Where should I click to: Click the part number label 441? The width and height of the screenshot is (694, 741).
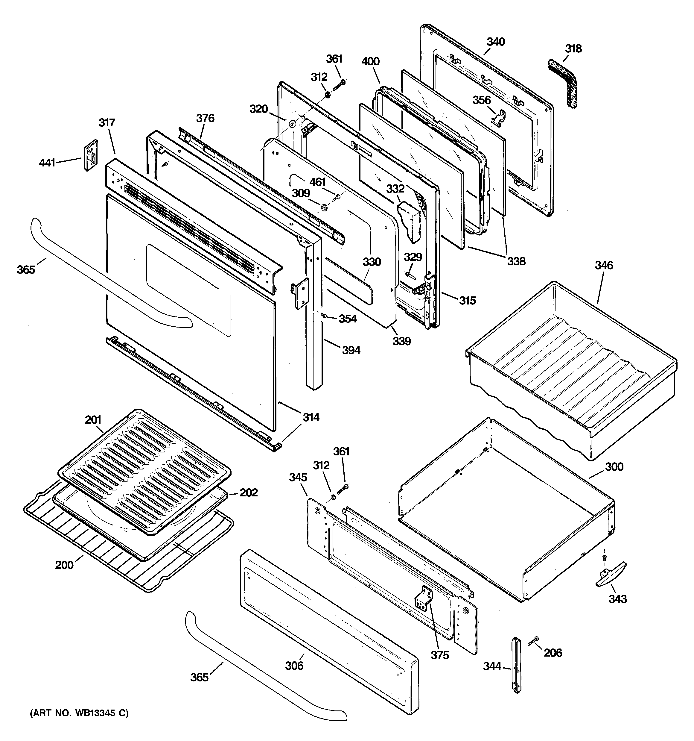(x=47, y=163)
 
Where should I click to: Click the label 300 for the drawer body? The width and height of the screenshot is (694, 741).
(x=614, y=467)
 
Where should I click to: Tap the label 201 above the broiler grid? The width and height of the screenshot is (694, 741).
(x=93, y=420)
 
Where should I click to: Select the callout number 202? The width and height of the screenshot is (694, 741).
(x=249, y=493)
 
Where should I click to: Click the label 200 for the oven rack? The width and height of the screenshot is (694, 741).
(x=64, y=565)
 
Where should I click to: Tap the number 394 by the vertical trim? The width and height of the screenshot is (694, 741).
(x=351, y=350)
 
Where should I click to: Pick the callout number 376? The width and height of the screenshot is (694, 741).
(x=205, y=118)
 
